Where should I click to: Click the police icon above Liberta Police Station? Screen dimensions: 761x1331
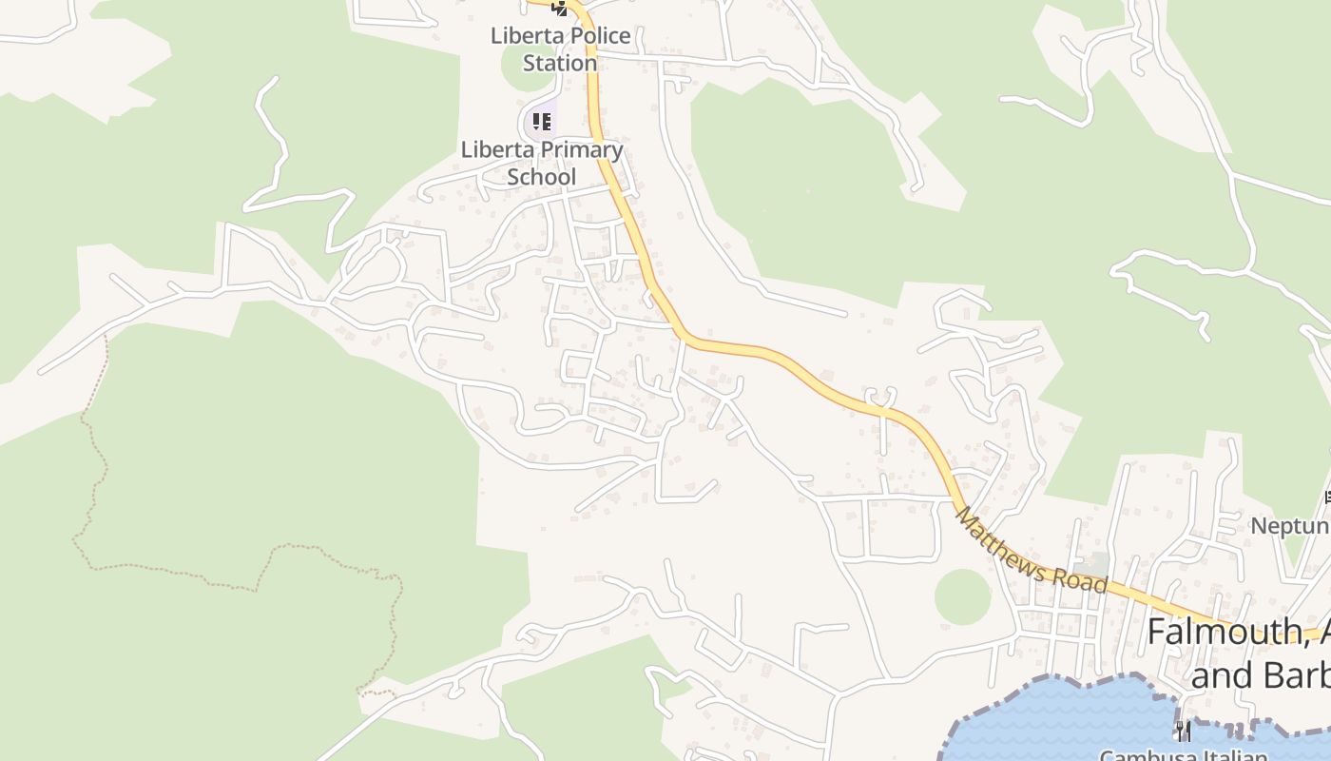click(560, 9)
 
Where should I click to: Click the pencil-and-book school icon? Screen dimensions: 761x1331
click(541, 121)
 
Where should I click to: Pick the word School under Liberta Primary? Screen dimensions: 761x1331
click(541, 177)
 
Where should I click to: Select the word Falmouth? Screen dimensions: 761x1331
click(1223, 633)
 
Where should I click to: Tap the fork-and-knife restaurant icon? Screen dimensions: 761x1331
click(1183, 731)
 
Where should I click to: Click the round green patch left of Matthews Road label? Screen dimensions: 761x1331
click(962, 597)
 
